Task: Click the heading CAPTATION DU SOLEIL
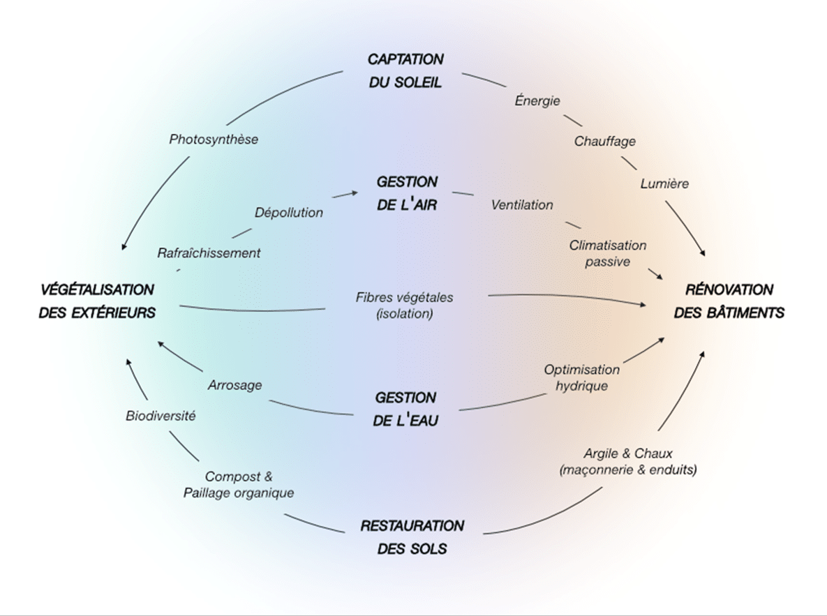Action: coord(405,70)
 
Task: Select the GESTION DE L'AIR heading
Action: coord(407,193)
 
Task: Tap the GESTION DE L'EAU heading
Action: coord(407,409)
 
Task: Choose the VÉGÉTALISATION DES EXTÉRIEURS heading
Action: coord(97,301)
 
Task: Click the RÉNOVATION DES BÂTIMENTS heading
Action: coord(729,301)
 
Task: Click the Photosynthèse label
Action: coord(214,140)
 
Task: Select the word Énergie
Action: coord(537,100)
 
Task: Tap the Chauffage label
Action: coord(605,142)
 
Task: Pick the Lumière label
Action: coord(664,183)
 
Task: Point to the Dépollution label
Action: coord(289,212)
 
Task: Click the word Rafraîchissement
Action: coord(209,253)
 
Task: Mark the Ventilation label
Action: coord(522,205)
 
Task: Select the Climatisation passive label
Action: coord(607,253)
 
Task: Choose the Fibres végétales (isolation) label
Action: coord(404,305)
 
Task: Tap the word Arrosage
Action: coord(235,384)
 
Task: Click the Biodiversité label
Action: coord(161,416)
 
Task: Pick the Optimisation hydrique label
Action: coord(582,377)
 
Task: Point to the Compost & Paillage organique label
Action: coord(239,485)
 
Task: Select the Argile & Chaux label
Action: coord(628,462)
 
